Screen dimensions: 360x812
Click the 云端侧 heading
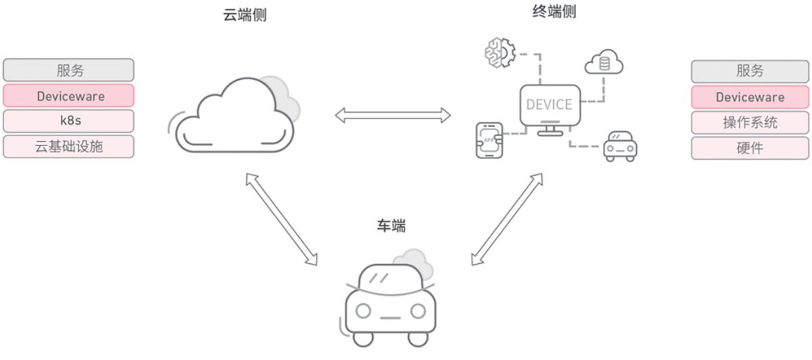(245, 15)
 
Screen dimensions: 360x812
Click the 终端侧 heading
(554, 12)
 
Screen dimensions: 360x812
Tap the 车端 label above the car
(391, 226)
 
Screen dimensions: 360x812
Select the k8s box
(68, 121)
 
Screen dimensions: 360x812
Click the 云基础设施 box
(68, 146)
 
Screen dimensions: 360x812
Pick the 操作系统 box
(750, 122)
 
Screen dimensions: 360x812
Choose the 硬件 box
(750, 148)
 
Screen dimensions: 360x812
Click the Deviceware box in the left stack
(68, 96)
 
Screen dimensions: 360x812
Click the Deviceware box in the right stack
(750, 97)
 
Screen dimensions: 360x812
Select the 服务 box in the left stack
(68, 70)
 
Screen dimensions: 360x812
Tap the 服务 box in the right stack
(750, 71)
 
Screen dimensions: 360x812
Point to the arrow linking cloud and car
(281, 217)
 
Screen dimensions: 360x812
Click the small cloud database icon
(604, 63)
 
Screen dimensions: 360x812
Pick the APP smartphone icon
(490, 141)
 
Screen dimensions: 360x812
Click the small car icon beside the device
(621, 145)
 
